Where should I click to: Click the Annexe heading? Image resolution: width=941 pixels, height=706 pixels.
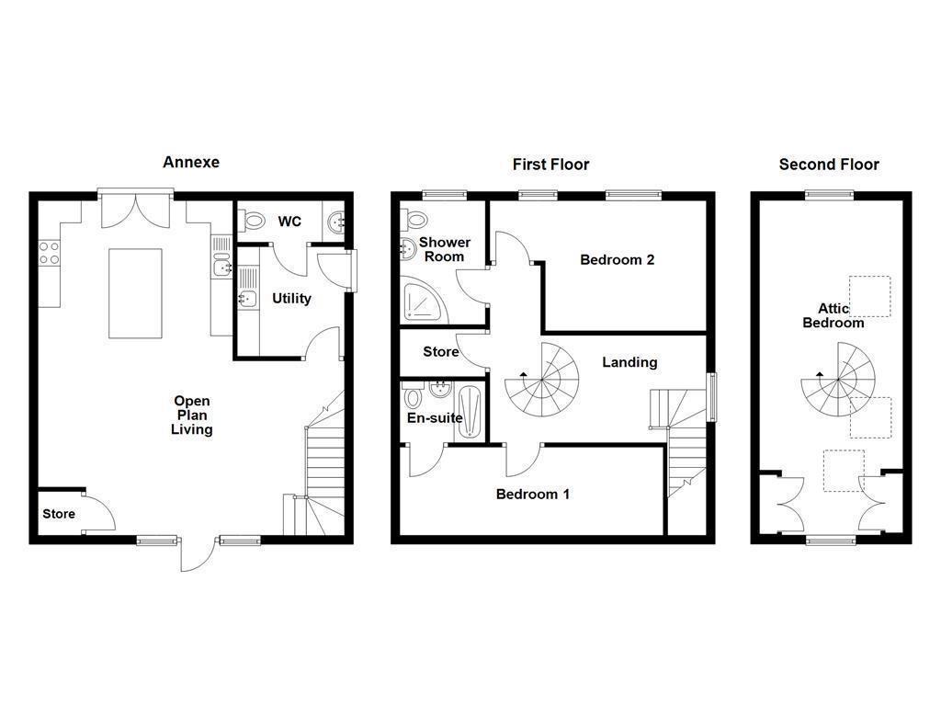coord(191,162)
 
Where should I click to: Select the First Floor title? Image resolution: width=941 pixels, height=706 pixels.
coord(550,165)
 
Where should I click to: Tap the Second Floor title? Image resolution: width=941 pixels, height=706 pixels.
coord(829,165)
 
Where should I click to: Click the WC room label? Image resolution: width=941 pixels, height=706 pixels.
coord(289,222)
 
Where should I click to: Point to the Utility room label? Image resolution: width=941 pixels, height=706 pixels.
coord(291,299)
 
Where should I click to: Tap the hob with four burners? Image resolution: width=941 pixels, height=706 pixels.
coord(49,253)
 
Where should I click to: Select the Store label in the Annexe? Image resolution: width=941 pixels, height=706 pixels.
coord(59,514)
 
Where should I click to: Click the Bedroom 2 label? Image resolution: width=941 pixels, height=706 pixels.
coord(617,259)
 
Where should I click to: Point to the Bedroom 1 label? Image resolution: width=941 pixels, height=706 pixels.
coord(533,494)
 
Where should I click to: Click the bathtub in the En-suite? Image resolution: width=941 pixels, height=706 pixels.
coord(470,411)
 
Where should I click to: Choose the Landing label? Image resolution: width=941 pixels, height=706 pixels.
coord(629,362)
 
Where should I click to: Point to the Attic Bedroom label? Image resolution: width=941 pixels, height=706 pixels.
coord(833,315)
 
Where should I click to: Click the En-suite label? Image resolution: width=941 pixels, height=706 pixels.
coord(435,417)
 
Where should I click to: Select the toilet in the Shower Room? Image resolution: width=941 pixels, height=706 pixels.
coord(415,220)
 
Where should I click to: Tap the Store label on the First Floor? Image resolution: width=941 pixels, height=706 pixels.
coord(440,352)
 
